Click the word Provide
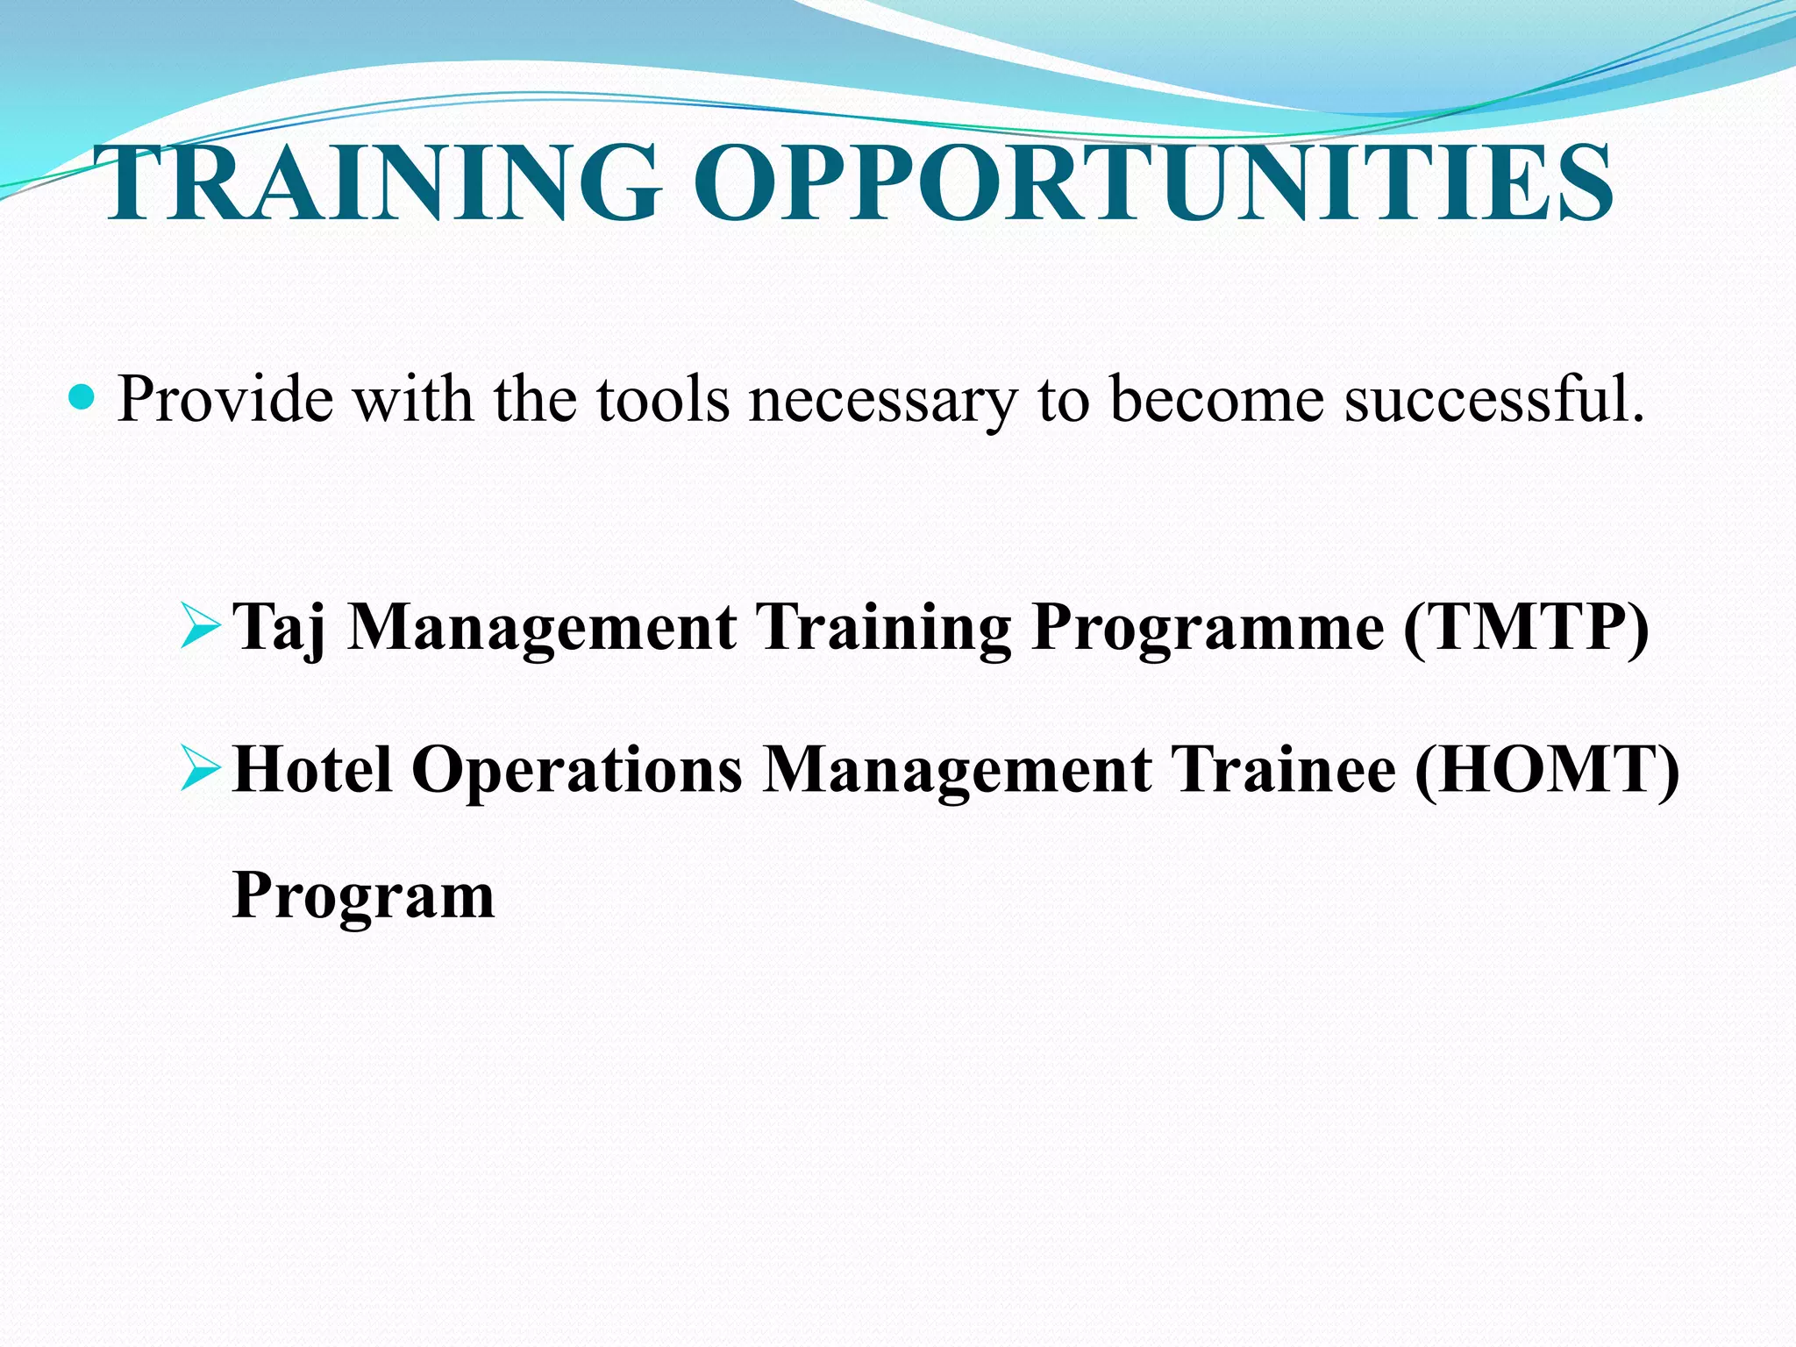pos(225,400)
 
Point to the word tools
pos(663,400)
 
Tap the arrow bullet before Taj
pos(199,626)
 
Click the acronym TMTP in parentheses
pos(1526,626)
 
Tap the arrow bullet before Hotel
pos(199,767)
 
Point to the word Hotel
pos(313,768)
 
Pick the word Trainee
pos(1284,768)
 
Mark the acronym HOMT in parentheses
pos(1547,768)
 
